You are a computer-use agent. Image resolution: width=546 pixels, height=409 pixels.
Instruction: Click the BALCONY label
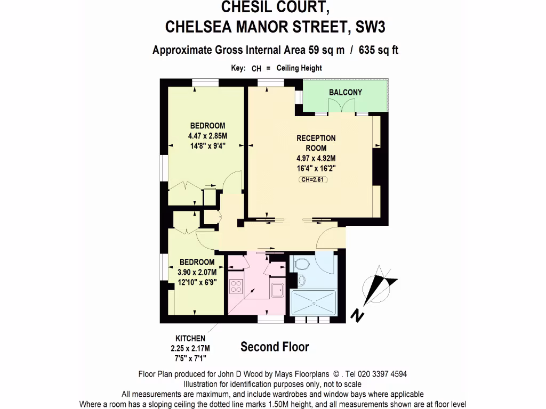pos(346,92)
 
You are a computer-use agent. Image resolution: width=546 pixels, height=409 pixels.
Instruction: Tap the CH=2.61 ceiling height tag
pos(313,180)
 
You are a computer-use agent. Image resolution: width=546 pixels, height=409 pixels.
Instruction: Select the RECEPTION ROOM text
pos(316,143)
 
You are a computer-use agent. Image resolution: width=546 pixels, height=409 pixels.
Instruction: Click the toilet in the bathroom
pos(301,264)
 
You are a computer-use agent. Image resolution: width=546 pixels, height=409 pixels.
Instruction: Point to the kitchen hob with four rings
pos(236,286)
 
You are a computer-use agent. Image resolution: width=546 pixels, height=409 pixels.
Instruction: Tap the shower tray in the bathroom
pos(314,302)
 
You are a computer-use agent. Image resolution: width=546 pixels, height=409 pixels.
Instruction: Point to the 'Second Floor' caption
pos(275,347)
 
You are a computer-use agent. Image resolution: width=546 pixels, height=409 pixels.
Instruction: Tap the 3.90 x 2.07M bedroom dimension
pos(197,272)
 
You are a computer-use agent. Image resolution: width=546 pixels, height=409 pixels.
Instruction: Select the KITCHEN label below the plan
pos(190,338)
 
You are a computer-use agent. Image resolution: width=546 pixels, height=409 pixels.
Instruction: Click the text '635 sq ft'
pos(379,51)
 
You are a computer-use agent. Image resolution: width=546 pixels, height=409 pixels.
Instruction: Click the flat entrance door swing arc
pos(326,238)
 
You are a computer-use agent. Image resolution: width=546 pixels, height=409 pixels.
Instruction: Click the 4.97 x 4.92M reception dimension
pos(316,158)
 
